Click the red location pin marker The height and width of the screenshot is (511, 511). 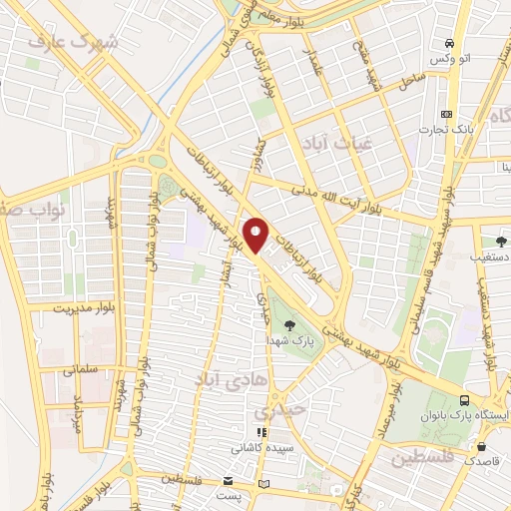(256, 235)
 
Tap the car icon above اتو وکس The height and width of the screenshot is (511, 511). (450, 43)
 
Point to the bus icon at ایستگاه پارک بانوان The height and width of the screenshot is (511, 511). (464, 397)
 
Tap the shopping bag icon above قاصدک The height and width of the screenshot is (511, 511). (483, 445)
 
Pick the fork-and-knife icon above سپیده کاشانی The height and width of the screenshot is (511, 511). (260, 433)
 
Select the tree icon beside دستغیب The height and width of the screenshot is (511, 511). (501, 241)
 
